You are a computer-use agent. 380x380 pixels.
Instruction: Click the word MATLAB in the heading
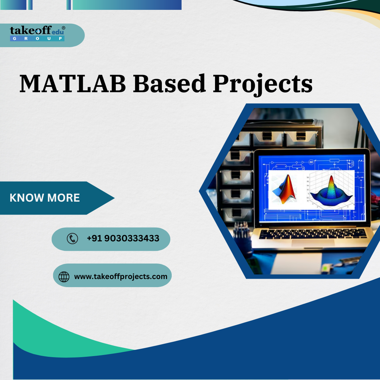pos(72,84)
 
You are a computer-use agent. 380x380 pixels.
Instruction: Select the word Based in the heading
pos(169,84)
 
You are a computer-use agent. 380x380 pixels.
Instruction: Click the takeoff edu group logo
pos(37,33)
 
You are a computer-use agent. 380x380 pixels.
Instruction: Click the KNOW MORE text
pos(45,198)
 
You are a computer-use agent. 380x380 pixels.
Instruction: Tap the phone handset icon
pos(72,239)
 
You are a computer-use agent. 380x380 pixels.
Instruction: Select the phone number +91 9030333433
pos(123,239)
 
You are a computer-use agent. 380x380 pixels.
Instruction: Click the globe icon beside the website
pos(64,277)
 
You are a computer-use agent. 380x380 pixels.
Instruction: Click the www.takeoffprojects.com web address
pos(121,277)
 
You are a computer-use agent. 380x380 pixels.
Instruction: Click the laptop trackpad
pos(313,242)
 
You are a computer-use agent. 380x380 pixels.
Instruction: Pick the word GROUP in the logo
pos(37,38)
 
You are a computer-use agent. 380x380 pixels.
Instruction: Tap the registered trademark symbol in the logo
pos(63,28)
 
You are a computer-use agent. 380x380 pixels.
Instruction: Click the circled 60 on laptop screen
pos(311,162)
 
